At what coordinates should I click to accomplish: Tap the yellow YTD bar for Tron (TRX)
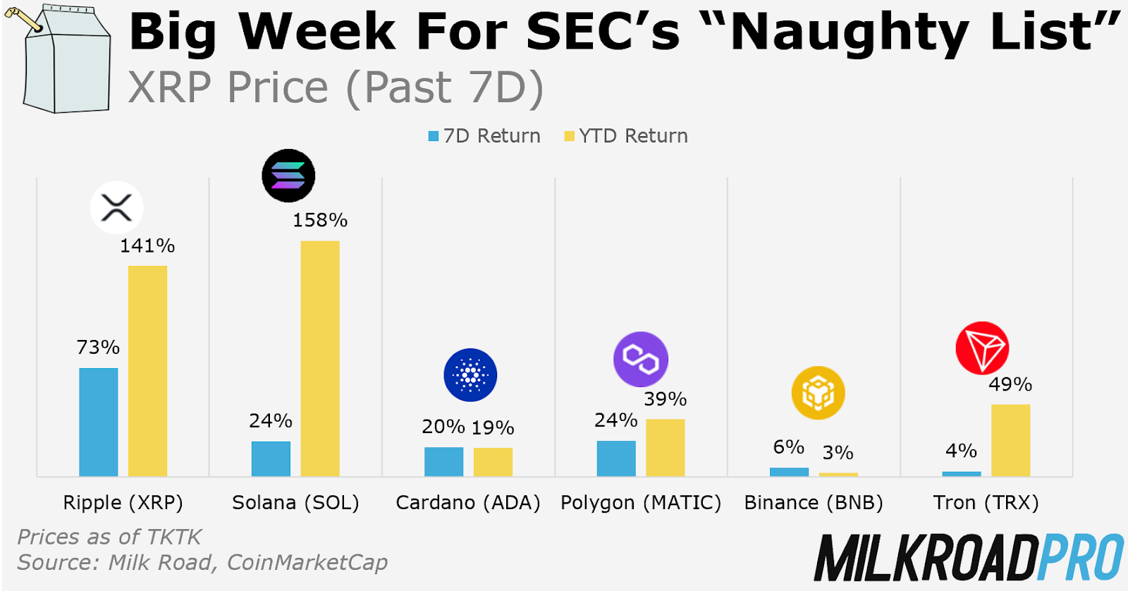click(x=1010, y=440)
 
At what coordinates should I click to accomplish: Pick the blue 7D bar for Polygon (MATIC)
click(x=616, y=458)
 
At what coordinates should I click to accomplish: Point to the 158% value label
click(x=320, y=221)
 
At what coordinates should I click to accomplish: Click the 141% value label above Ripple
click(x=147, y=246)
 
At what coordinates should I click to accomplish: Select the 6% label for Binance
click(x=788, y=447)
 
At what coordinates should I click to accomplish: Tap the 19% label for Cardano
click(x=493, y=427)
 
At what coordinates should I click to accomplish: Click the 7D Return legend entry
click(x=485, y=136)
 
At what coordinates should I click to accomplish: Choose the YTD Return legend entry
click(x=627, y=136)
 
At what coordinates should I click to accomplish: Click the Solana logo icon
click(x=288, y=176)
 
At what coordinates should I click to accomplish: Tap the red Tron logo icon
click(x=982, y=348)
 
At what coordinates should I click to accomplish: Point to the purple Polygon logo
click(x=641, y=360)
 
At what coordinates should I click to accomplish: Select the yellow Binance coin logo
click(x=818, y=393)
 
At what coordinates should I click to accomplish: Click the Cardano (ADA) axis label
click(x=468, y=503)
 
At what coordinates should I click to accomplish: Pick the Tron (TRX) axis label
click(x=986, y=503)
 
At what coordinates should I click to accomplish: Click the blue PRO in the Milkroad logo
click(x=1081, y=557)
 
